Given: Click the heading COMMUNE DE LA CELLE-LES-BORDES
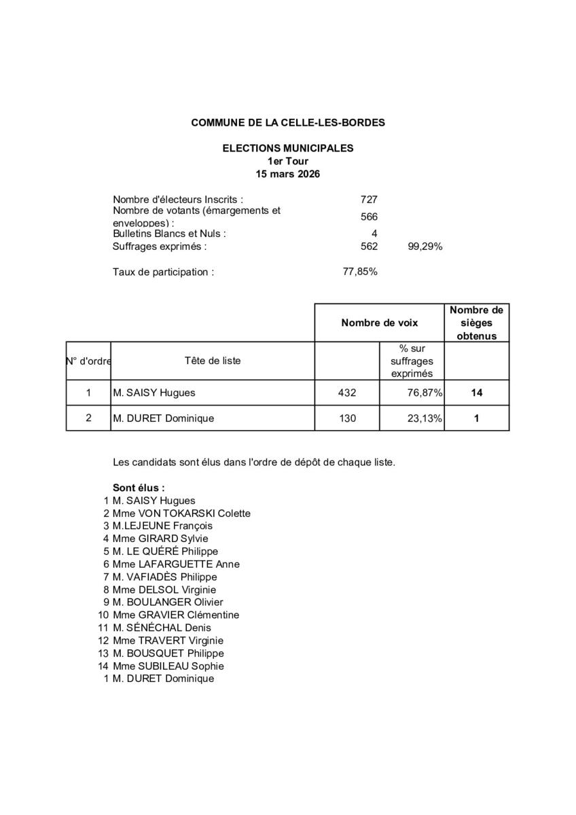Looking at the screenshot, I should (x=288, y=123).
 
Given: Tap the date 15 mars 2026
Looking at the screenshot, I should (x=288, y=174).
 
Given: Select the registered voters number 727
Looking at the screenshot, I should (x=369, y=200).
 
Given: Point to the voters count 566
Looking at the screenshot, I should (x=369, y=217).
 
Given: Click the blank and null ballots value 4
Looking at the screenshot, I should (x=374, y=234).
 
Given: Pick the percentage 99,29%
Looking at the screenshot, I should (x=425, y=247).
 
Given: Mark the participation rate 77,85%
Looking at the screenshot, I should (x=361, y=272).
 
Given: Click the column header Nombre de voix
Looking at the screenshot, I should (x=380, y=323).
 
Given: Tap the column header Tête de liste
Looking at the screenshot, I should (x=212, y=361).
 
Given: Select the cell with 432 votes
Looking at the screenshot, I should (x=347, y=393).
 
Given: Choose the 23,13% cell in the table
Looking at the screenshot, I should (x=425, y=418).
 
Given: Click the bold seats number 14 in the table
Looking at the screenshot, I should (x=476, y=393).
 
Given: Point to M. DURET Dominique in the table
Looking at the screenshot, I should (x=163, y=418).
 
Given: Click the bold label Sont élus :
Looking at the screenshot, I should (x=139, y=488).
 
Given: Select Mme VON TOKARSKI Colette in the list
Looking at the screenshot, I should (x=181, y=513).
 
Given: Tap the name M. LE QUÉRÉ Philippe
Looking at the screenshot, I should (x=165, y=551).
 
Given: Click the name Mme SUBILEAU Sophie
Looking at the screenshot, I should (x=168, y=666).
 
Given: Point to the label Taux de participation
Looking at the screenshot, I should (x=163, y=272).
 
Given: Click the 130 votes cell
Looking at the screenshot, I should (x=347, y=418).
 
